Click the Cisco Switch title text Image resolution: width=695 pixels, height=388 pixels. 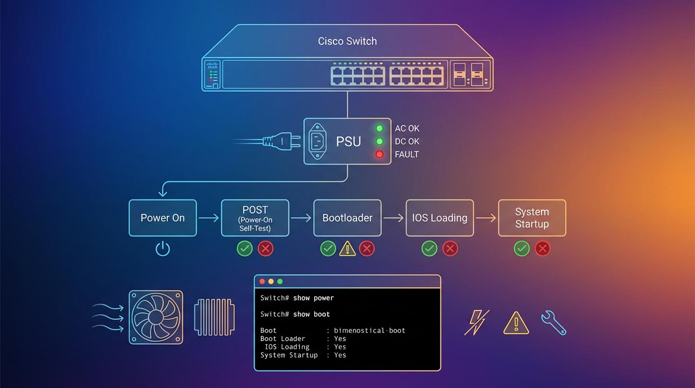point(347,41)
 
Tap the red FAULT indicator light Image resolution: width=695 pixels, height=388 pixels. point(379,154)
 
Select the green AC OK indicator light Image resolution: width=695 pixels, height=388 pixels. point(379,128)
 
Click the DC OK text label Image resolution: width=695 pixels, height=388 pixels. point(407,141)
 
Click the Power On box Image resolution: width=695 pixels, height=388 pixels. point(163,218)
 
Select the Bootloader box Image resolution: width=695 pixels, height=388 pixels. point(347,218)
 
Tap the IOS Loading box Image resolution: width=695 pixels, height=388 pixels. point(439,218)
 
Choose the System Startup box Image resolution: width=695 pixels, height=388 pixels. point(532,218)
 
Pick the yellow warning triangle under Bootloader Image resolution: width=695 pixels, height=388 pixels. point(347,249)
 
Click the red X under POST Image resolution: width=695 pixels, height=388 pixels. point(266,249)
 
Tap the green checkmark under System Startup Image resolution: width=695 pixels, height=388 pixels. point(522,249)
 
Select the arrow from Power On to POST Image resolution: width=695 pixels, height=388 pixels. point(209,218)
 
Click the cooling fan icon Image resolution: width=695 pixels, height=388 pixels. point(156,317)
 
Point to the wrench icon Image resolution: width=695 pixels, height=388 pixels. point(554,323)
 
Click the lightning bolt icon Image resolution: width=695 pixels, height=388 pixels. point(477,322)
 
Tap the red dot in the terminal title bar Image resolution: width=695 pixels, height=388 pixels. point(262,281)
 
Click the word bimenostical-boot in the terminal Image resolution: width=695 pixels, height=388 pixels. point(370,330)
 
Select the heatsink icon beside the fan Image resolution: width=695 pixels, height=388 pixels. point(214,317)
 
